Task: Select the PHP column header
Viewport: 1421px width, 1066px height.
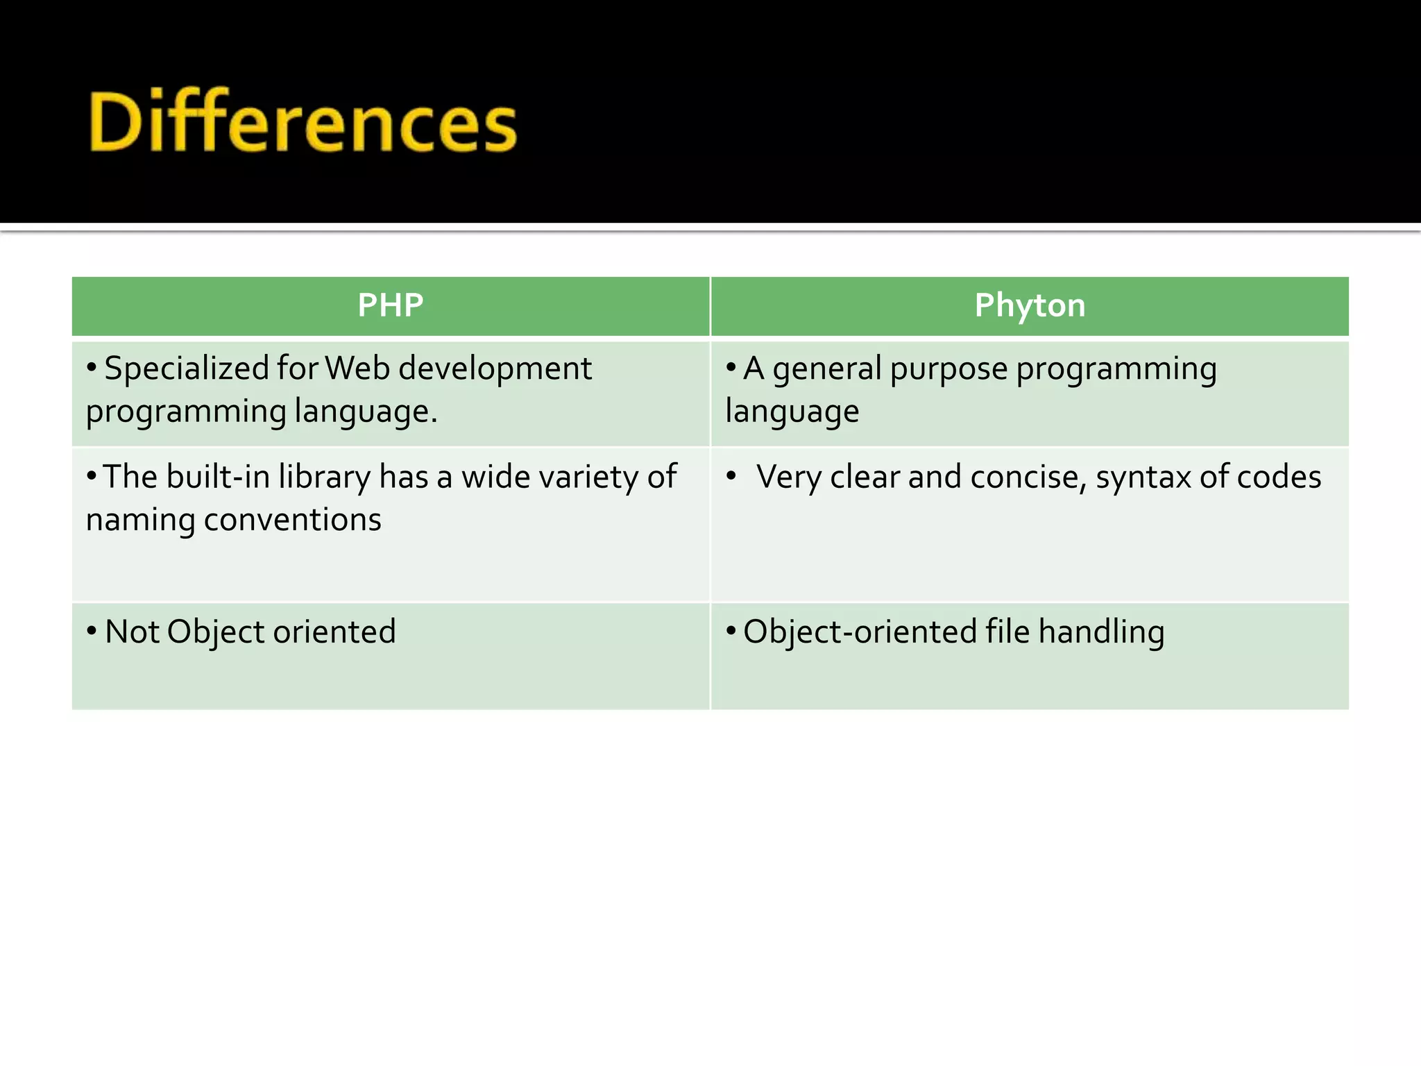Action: coord(391,305)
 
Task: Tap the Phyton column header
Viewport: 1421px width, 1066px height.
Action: coord(1030,305)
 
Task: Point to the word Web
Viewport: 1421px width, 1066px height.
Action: coord(357,368)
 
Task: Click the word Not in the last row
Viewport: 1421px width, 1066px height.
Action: coord(132,632)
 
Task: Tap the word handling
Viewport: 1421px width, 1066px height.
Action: coord(1101,633)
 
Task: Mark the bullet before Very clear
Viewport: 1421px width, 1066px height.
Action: coord(731,476)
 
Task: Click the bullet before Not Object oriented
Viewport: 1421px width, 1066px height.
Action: coord(92,631)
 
